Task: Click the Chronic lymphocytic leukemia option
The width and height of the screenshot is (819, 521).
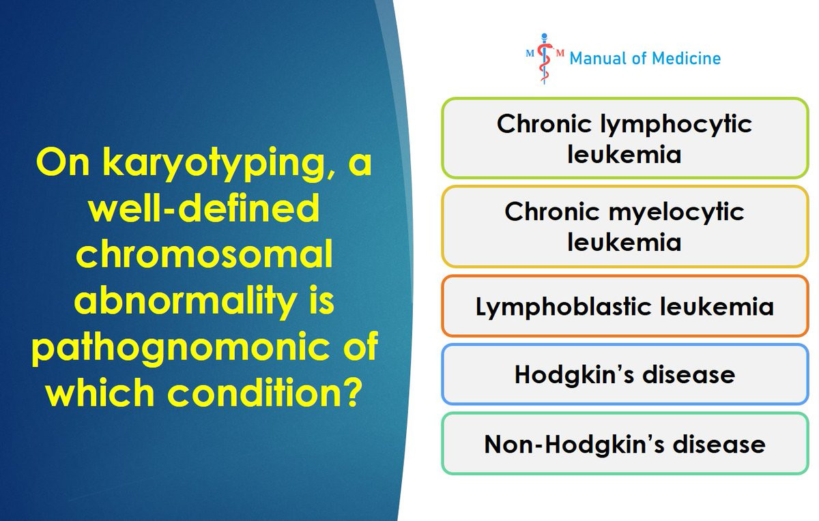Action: [624, 138]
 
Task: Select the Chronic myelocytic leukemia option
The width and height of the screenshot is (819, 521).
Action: [624, 226]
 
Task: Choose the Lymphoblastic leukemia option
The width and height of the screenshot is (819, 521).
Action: [624, 306]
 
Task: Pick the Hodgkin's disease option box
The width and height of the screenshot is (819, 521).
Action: [624, 374]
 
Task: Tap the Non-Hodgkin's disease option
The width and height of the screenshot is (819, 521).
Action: [624, 443]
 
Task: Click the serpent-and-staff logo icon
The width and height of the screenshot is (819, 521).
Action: [545, 59]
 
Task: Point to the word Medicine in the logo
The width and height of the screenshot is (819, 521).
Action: [687, 59]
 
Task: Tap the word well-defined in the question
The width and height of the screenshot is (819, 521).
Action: [204, 207]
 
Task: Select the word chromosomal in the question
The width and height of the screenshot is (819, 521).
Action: [204, 254]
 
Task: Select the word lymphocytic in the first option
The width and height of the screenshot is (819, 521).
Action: [676, 125]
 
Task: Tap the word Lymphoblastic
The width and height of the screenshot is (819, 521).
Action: [563, 307]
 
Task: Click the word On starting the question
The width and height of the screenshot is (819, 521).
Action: [63, 162]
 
